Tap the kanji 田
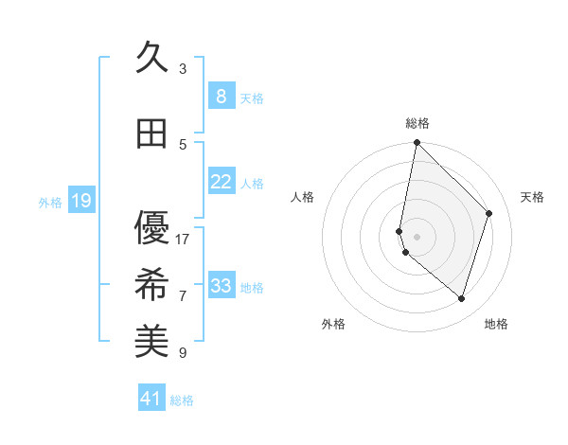coord(151,134)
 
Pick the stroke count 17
coord(183,239)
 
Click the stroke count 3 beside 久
coord(183,68)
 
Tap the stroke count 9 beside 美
coord(183,352)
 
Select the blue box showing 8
coord(221,96)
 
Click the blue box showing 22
coord(221,182)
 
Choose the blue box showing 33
coord(221,286)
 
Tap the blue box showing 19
coord(80,200)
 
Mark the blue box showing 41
coord(151,399)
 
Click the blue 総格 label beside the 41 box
coord(182,400)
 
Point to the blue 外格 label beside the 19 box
coord(50,202)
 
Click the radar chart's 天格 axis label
coord(533,197)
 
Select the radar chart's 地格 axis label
coord(496,324)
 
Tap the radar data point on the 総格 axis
coord(417,142)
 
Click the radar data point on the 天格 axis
coord(489,213)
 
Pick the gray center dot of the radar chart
coord(417,237)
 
